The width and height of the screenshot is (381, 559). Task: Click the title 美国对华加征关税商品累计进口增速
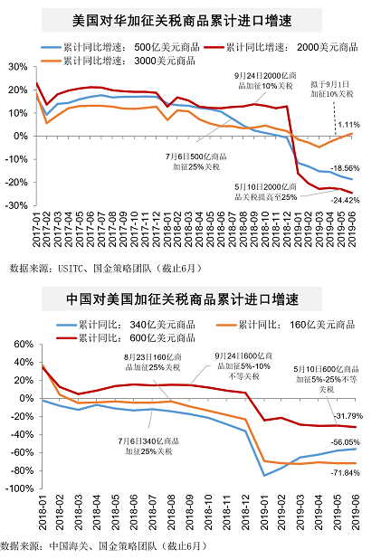coord(189,18)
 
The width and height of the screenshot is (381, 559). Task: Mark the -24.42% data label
coord(346,199)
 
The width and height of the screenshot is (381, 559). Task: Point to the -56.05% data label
coord(346,441)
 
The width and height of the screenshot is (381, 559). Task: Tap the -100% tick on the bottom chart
coord(14,489)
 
